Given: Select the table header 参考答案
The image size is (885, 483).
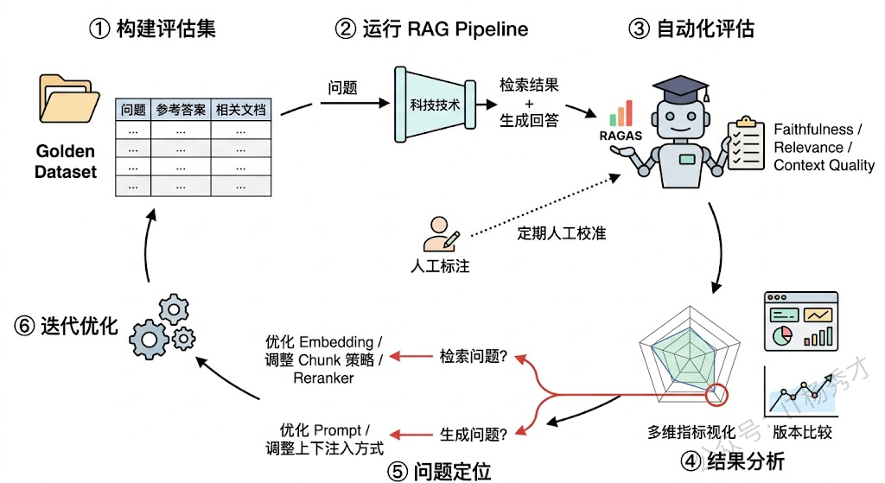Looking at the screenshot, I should pyautogui.click(x=181, y=110).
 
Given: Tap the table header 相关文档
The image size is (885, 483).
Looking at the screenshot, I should pyautogui.click(x=240, y=110).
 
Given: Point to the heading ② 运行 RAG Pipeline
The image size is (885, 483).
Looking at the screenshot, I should pyautogui.click(x=432, y=28).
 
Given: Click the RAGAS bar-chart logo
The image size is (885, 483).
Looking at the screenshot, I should pyautogui.click(x=621, y=114).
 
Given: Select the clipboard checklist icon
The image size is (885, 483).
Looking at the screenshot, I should pyautogui.click(x=746, y=143).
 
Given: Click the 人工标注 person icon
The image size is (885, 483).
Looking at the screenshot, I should pyautogui.click(x=438, y=232).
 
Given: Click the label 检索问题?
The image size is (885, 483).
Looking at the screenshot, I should pyautogui.click(x=473, y=356).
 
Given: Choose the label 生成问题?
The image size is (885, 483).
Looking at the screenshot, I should pyautogui.click(x=473, y=430).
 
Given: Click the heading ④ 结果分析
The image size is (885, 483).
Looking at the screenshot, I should pyautogui.click(x=733, y=461).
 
